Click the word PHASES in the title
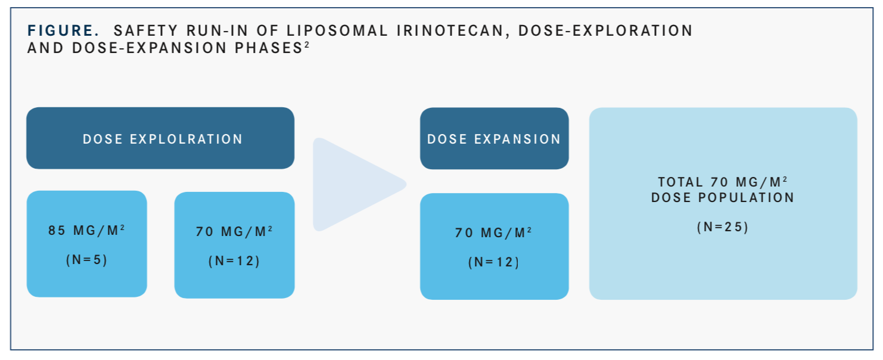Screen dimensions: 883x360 [269, 48]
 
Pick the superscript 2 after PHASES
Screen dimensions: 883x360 [307, 45]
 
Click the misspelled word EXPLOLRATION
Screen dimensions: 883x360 [186, 139]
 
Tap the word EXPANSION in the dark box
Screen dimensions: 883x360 [517, 139]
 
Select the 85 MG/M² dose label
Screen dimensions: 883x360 [87, 230]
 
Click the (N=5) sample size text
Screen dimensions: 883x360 [87, 260]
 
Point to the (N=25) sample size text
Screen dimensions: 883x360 [723, 227]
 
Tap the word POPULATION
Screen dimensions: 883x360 [746, 197]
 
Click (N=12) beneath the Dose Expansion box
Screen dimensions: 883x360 [494, 262]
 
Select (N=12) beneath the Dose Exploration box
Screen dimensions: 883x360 [234, 261]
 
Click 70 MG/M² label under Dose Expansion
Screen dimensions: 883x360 [493, 232]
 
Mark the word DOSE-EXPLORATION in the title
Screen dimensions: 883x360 [605, 30]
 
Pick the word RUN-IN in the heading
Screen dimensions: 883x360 [217, 30]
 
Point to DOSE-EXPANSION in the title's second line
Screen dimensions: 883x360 [150, 48]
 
